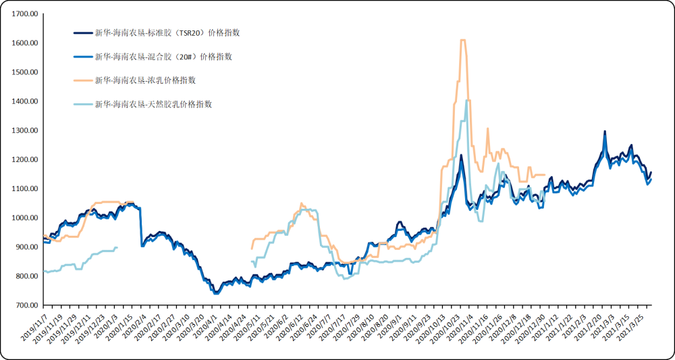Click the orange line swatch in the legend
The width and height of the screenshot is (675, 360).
(x=82, y=81)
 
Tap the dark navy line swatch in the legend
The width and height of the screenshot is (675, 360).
(x=82, y=33)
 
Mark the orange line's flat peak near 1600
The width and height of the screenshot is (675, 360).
(x=463, y=41)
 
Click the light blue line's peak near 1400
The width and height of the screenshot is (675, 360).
(x=467, y=101)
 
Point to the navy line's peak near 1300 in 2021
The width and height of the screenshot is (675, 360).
(x=605, y=132)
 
